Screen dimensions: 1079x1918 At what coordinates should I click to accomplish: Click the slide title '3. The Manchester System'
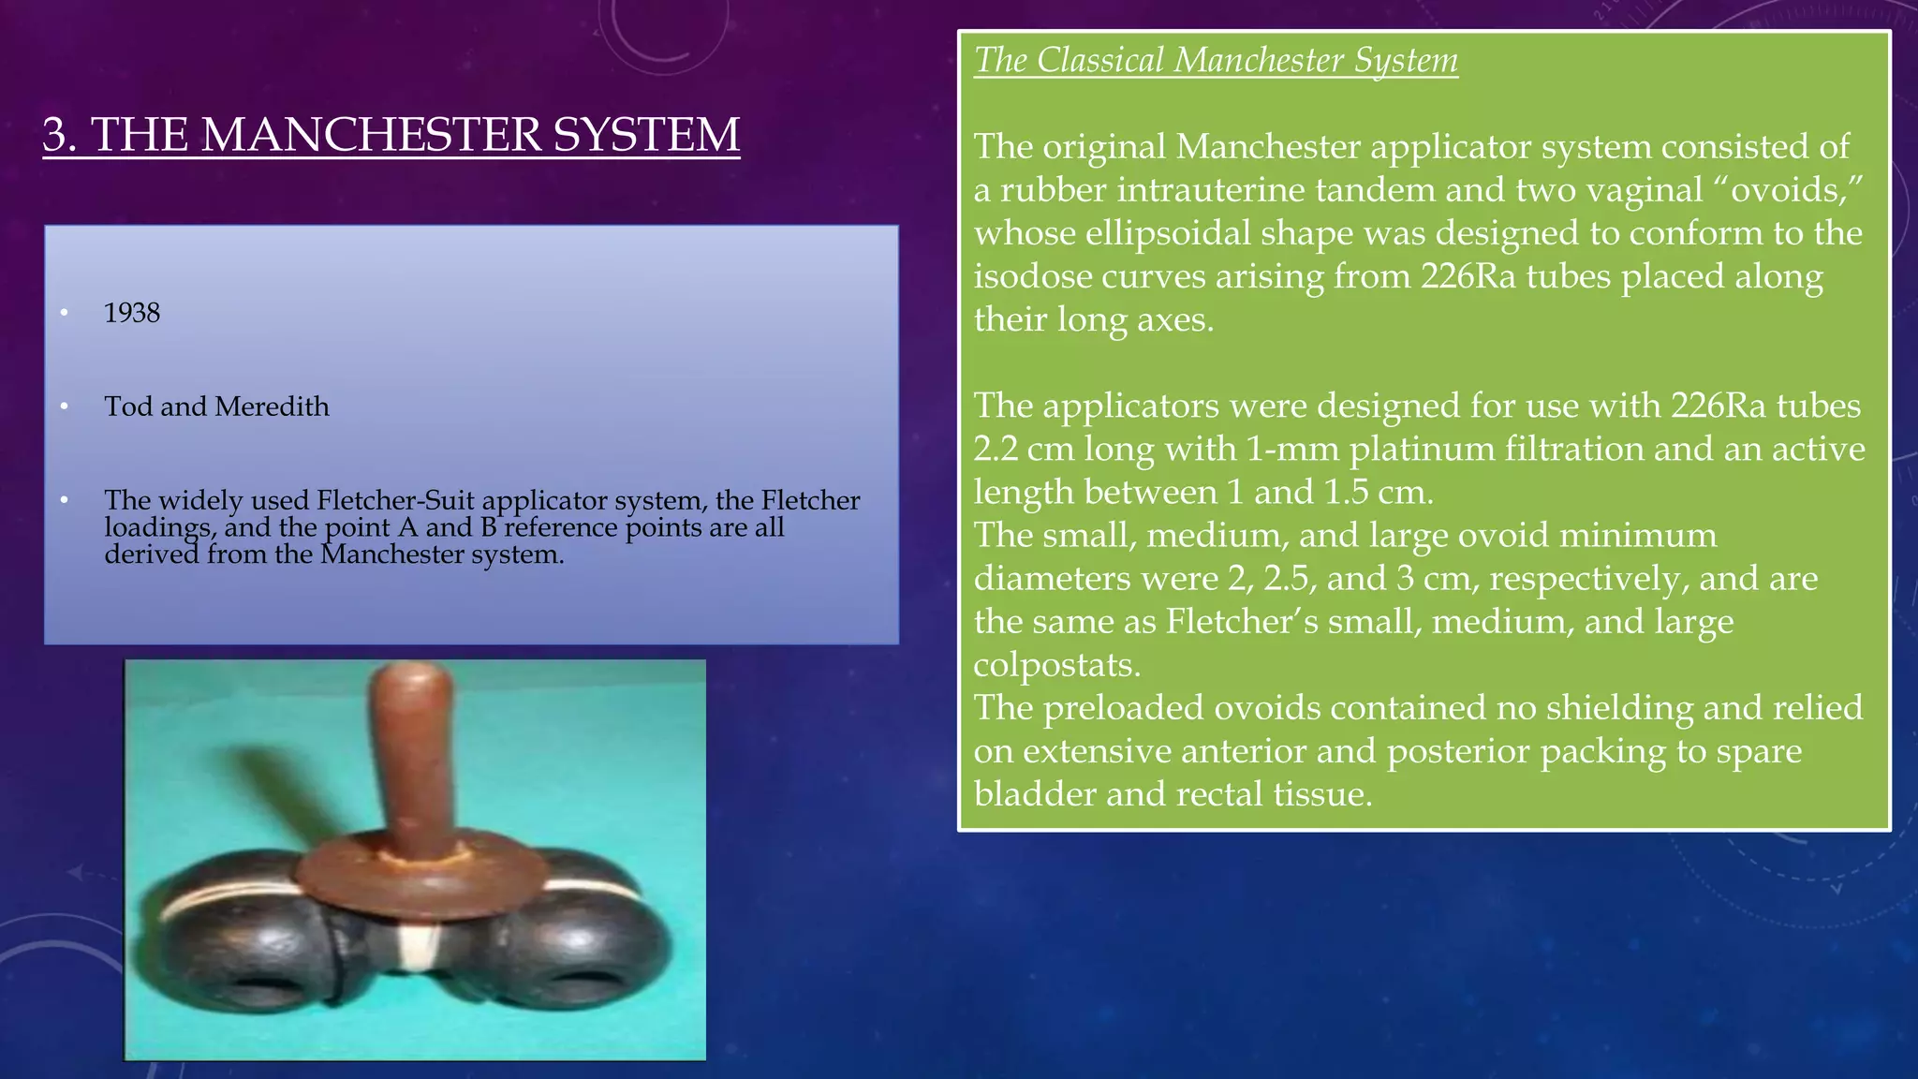(391, 135)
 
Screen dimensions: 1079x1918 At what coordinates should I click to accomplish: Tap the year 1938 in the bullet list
(132, 313)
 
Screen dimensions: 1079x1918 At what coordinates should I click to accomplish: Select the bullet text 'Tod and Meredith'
(216, 406)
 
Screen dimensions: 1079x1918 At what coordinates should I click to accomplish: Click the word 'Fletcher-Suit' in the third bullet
(395, 500)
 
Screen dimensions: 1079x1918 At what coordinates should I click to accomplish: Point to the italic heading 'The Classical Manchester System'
(1216, 61)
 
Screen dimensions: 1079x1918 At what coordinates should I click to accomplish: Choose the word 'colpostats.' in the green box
(1056, 665)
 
